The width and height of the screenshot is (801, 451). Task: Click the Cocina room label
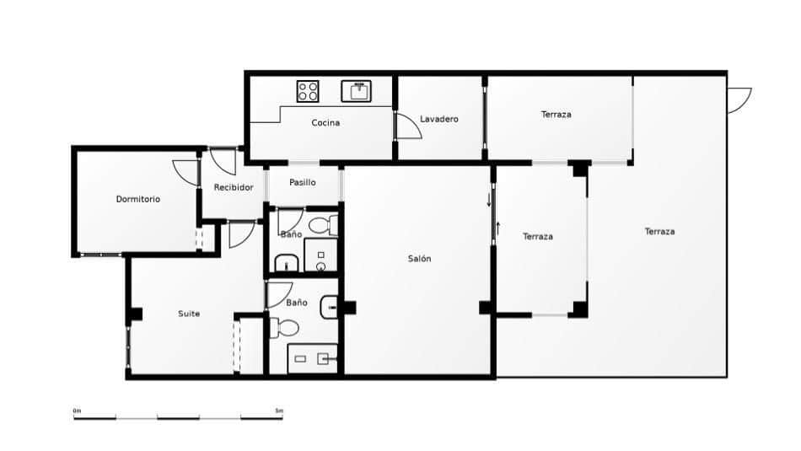pos(325,123)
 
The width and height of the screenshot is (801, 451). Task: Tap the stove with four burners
pos(308,90)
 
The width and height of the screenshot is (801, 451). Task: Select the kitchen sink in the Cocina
pos(356,90)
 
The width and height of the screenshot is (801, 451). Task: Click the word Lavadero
pos(438,120)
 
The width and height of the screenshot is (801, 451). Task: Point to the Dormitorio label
pos(137,200)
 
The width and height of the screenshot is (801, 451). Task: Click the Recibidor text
pos(233,187)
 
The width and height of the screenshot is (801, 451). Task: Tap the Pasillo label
pos(302,182)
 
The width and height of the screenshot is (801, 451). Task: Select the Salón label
pos(419,259)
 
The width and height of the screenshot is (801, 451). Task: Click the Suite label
pos(189,314)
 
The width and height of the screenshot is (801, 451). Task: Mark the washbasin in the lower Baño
pos(330,309)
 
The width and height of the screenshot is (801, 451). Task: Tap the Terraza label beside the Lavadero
pos(556,115)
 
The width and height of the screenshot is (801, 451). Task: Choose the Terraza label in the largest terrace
pos(659,232)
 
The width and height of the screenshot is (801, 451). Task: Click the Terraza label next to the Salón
pos(537,237)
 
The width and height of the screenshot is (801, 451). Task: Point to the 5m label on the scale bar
pos(279,411)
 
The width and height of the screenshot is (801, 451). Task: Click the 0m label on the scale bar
pos(77,411)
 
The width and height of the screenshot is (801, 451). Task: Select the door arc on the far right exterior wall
pos(739,99)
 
